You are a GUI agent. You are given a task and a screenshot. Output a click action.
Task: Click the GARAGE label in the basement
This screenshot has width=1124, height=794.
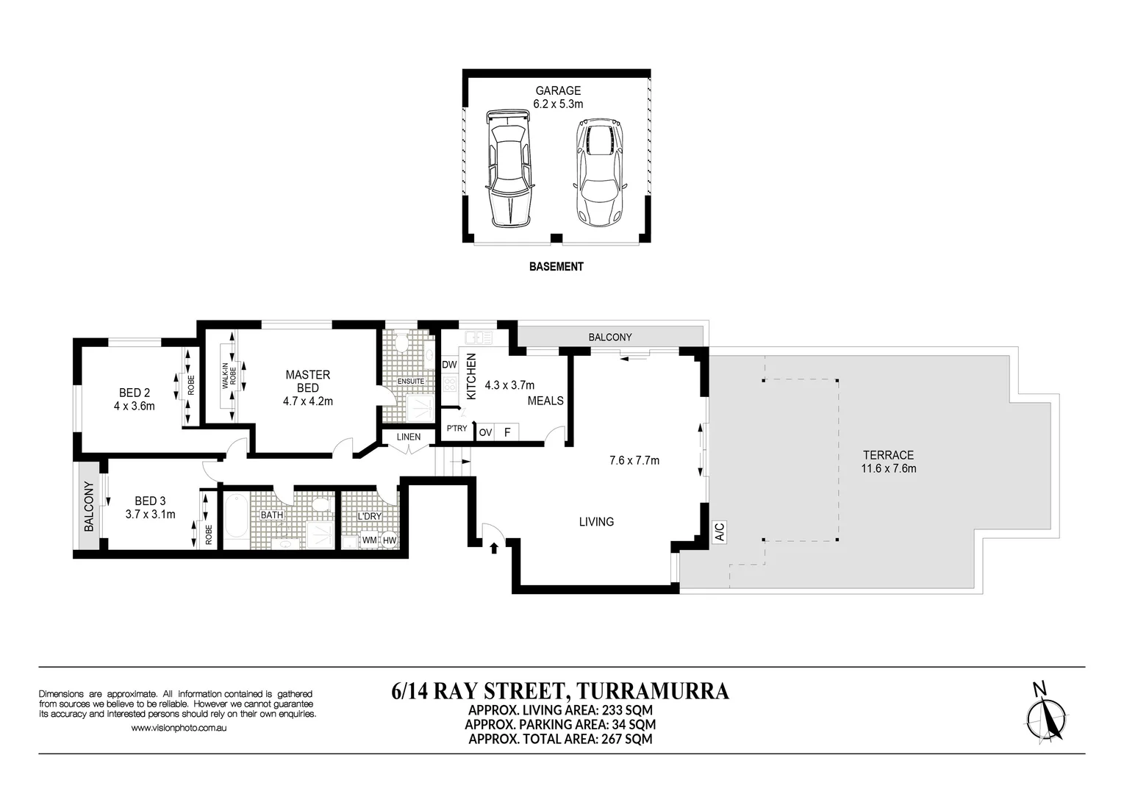tap(558, 91)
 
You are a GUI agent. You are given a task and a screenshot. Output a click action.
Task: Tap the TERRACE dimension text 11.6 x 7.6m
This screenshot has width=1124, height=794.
tap(889, 469)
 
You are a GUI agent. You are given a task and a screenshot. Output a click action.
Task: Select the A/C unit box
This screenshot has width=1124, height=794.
tap(719, 532)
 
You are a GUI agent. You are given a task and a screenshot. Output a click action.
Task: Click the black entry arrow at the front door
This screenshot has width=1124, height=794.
tap(494, 548)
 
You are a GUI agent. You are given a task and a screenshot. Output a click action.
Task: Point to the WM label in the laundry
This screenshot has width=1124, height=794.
tap(369, 540)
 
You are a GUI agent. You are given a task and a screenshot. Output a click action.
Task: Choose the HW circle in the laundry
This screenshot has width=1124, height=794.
tap(390, 540)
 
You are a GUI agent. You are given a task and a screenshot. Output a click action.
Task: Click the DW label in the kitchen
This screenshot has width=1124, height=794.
tap(450, 365)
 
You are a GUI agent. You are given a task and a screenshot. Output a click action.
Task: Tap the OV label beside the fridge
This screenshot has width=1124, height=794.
tap(485, 432)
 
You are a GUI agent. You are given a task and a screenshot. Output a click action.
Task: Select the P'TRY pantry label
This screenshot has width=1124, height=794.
tap(457, 429)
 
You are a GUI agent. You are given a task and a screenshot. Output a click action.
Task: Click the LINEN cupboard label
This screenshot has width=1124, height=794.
tap(409, 437)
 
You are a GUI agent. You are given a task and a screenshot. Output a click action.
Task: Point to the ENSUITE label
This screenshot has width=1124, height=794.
tap(410, 382)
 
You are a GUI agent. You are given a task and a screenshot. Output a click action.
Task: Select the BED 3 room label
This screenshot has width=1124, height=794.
tap(150, 501)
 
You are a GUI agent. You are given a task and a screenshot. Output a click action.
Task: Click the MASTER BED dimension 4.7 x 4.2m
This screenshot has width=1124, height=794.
tap(307, 401)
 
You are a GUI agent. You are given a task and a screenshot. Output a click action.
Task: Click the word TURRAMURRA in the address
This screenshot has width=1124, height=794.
tap(652, 691)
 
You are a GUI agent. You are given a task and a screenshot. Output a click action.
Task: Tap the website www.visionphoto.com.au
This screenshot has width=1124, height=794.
tap(179, 728)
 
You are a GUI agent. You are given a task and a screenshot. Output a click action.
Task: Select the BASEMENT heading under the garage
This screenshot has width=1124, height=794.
tap(556, 267)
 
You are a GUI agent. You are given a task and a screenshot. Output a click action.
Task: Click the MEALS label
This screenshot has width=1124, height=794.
tap(545, 401)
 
